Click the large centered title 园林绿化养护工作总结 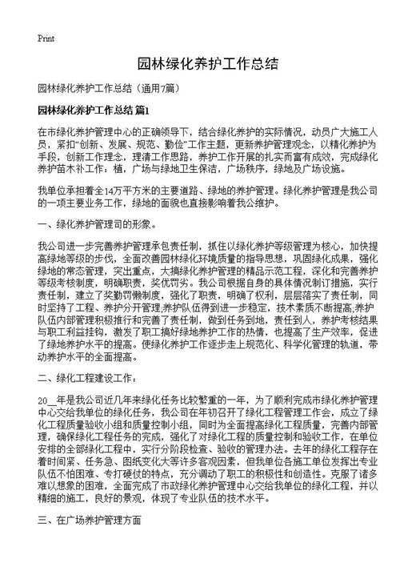[x=208, y=64]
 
